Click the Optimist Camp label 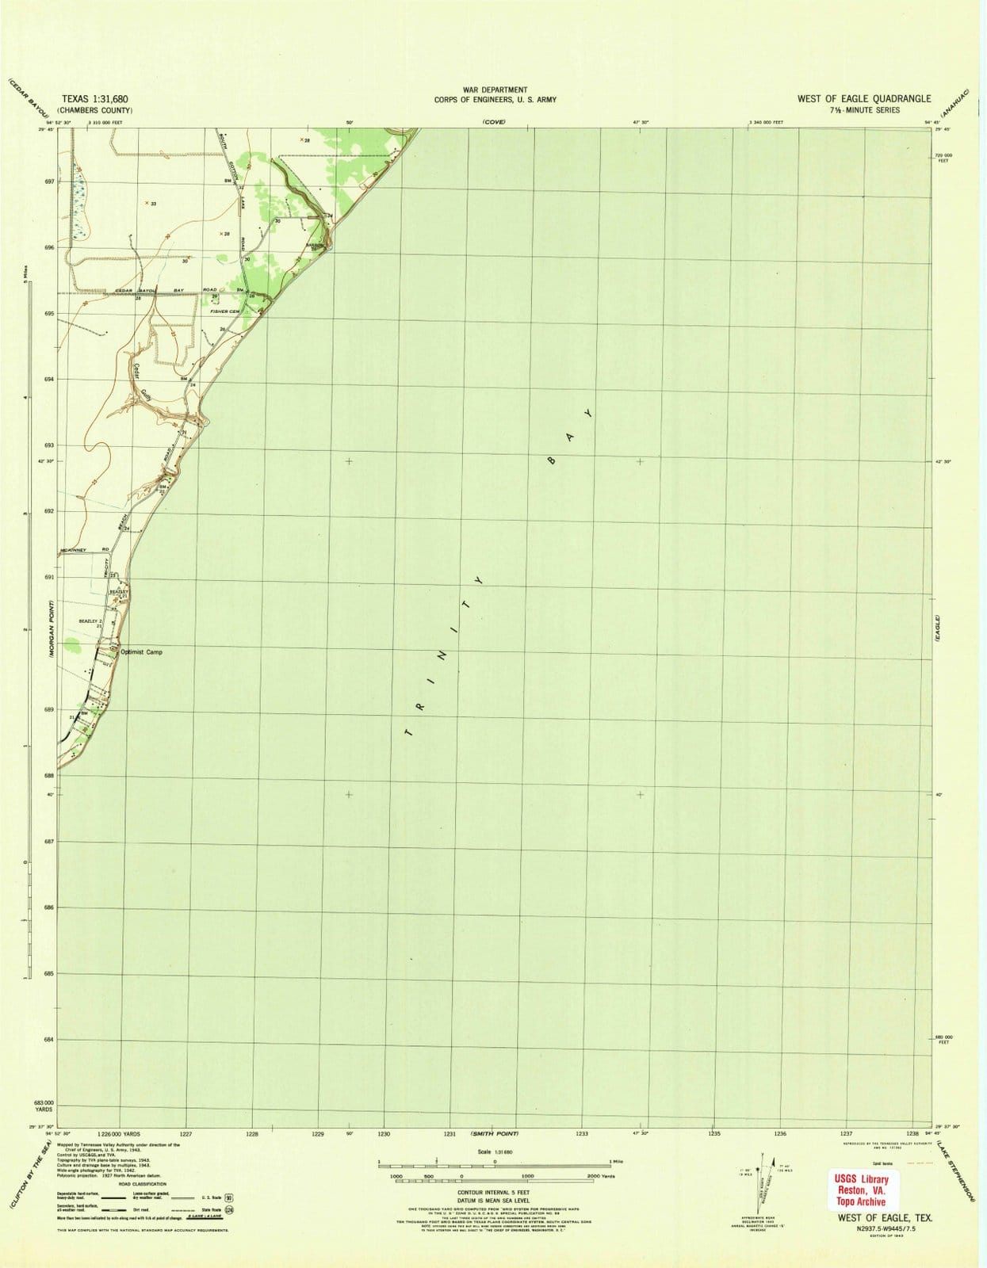[141, 651]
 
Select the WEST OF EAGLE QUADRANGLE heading [864, 98]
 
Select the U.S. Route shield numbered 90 [229, 1199]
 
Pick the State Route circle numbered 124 [228, 1210]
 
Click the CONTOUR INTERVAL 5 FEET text [493, 1192]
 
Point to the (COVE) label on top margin [494, 122]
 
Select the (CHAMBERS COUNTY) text [97, 110]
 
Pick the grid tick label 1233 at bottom [582, 1134]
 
